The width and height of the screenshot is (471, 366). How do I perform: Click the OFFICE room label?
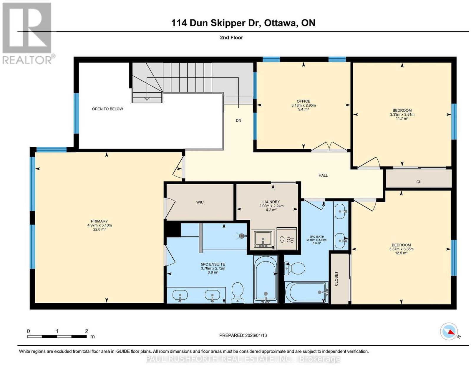[303, 101]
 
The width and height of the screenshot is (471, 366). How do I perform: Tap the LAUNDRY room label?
[271, 202]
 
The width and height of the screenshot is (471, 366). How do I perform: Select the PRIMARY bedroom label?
[99, 221]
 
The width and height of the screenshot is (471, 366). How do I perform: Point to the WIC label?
[200, 202]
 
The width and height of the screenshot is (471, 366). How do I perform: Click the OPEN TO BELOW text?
[107, 109]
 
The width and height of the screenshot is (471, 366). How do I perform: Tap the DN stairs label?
[238, 120]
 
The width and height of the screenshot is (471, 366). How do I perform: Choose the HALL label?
[323, 175]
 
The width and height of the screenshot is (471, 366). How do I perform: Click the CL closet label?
[419, 182]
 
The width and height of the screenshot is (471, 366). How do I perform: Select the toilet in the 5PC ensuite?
[238, 292]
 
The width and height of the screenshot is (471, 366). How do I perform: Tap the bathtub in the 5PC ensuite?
[266, 279]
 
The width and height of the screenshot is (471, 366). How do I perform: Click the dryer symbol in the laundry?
[286, 239]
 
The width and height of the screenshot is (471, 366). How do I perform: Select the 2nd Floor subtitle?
[231, 37]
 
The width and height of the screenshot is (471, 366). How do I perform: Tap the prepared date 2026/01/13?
[256, 335]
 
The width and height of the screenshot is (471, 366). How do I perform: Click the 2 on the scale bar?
[87, 331]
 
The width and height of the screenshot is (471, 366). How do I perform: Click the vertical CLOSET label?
[336, 279]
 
